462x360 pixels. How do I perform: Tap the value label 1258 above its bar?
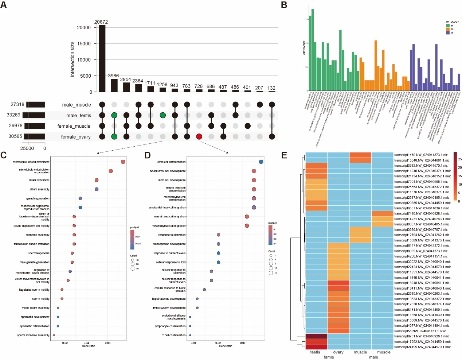point(162,85)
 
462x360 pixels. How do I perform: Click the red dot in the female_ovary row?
point(199,136)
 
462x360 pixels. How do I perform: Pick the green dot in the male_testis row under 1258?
point(163,115)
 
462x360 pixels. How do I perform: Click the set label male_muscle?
point(76,105)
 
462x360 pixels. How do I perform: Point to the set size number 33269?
point(13,115)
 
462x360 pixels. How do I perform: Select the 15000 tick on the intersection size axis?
point(84,44)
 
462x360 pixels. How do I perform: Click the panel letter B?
point(284,5)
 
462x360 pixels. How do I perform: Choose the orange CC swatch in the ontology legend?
point(448,29)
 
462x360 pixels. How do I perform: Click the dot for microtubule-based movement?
point(123,162)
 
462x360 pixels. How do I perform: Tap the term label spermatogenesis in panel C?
point(39,253)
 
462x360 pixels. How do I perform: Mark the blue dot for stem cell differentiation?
point(261,162)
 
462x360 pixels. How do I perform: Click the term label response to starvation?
point(172,235)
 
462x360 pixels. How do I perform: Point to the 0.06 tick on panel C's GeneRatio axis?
point(108,343)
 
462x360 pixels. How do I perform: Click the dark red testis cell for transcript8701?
point(316,336)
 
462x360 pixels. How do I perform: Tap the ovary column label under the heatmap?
point(338,352)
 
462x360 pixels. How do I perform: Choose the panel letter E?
point(284,155)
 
